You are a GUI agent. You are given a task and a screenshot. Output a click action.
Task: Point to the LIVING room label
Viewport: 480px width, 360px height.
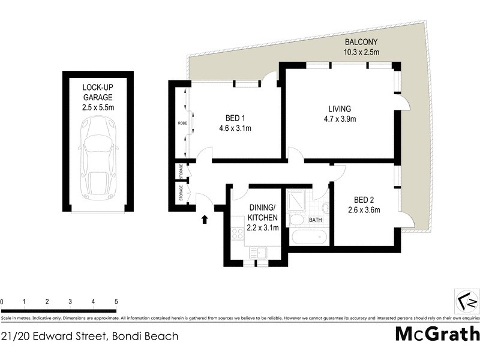(339, 109)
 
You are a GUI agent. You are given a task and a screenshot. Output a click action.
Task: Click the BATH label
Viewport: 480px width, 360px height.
(315, 220)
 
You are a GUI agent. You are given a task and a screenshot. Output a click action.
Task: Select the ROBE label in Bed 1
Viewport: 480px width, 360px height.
(182, 123)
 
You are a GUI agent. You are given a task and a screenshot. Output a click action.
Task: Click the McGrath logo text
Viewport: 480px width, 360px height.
(437, 334)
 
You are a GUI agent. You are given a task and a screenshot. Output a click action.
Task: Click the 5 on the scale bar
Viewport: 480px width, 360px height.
(116, 301)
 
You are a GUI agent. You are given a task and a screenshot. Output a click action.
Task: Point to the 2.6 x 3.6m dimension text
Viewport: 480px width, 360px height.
(364, 209)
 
